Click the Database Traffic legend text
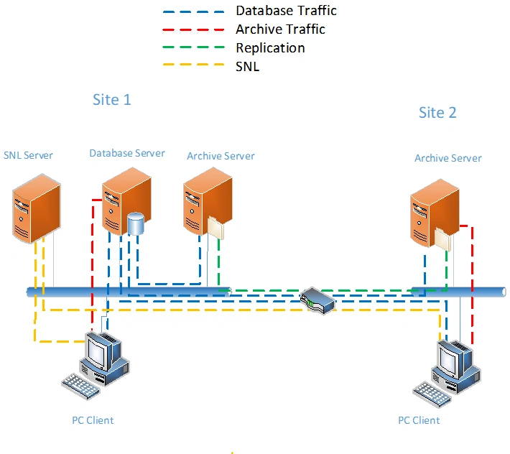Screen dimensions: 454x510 [x=286, y=11]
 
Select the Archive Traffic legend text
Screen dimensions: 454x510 [x=280, y=29]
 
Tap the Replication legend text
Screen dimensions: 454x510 [x=270, y=48]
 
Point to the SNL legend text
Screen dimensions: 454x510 [x=249, y=67]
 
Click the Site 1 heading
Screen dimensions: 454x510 [x=112, y=99]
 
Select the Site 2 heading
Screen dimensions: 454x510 [x=437, y=112]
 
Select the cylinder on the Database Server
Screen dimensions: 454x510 [x=136, y=223]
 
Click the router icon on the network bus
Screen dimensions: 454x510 [x=317, y=300]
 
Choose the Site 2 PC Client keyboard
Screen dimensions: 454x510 [x=433, y=392]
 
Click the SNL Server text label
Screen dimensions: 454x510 [x=28, y=155]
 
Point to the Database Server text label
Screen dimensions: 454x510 [x=127, y=153]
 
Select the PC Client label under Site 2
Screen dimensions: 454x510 [x=419, y=420]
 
